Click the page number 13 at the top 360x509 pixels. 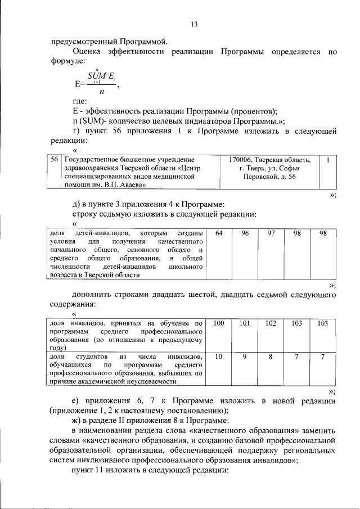click(195, 24)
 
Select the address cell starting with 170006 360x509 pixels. click(269, 168)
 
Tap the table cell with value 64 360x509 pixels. click(219, 233)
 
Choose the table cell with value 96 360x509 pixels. click(245, 233)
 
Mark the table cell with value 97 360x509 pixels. click(271, 233)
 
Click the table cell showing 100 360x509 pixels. click(219, 323)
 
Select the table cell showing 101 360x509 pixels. click(245, 323)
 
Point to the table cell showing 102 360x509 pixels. click(271, 323)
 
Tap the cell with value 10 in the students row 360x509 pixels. click(219, 357)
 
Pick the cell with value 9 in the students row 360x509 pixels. click(245, 357)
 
